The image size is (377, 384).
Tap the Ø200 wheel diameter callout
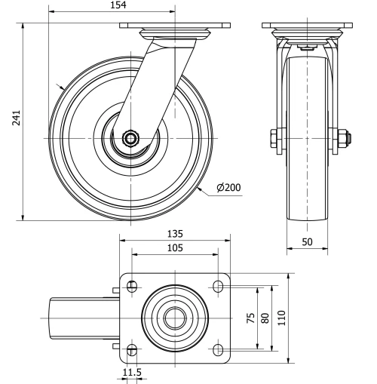(227, 187)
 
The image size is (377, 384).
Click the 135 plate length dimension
(176, 234)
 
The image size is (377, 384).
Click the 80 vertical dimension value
(265, 317)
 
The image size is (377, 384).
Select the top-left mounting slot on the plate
(133, 287)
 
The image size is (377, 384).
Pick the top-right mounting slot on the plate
(219, 287)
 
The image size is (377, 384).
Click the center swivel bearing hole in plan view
(176, 317)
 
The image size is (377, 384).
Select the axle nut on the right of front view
(340, 138)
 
